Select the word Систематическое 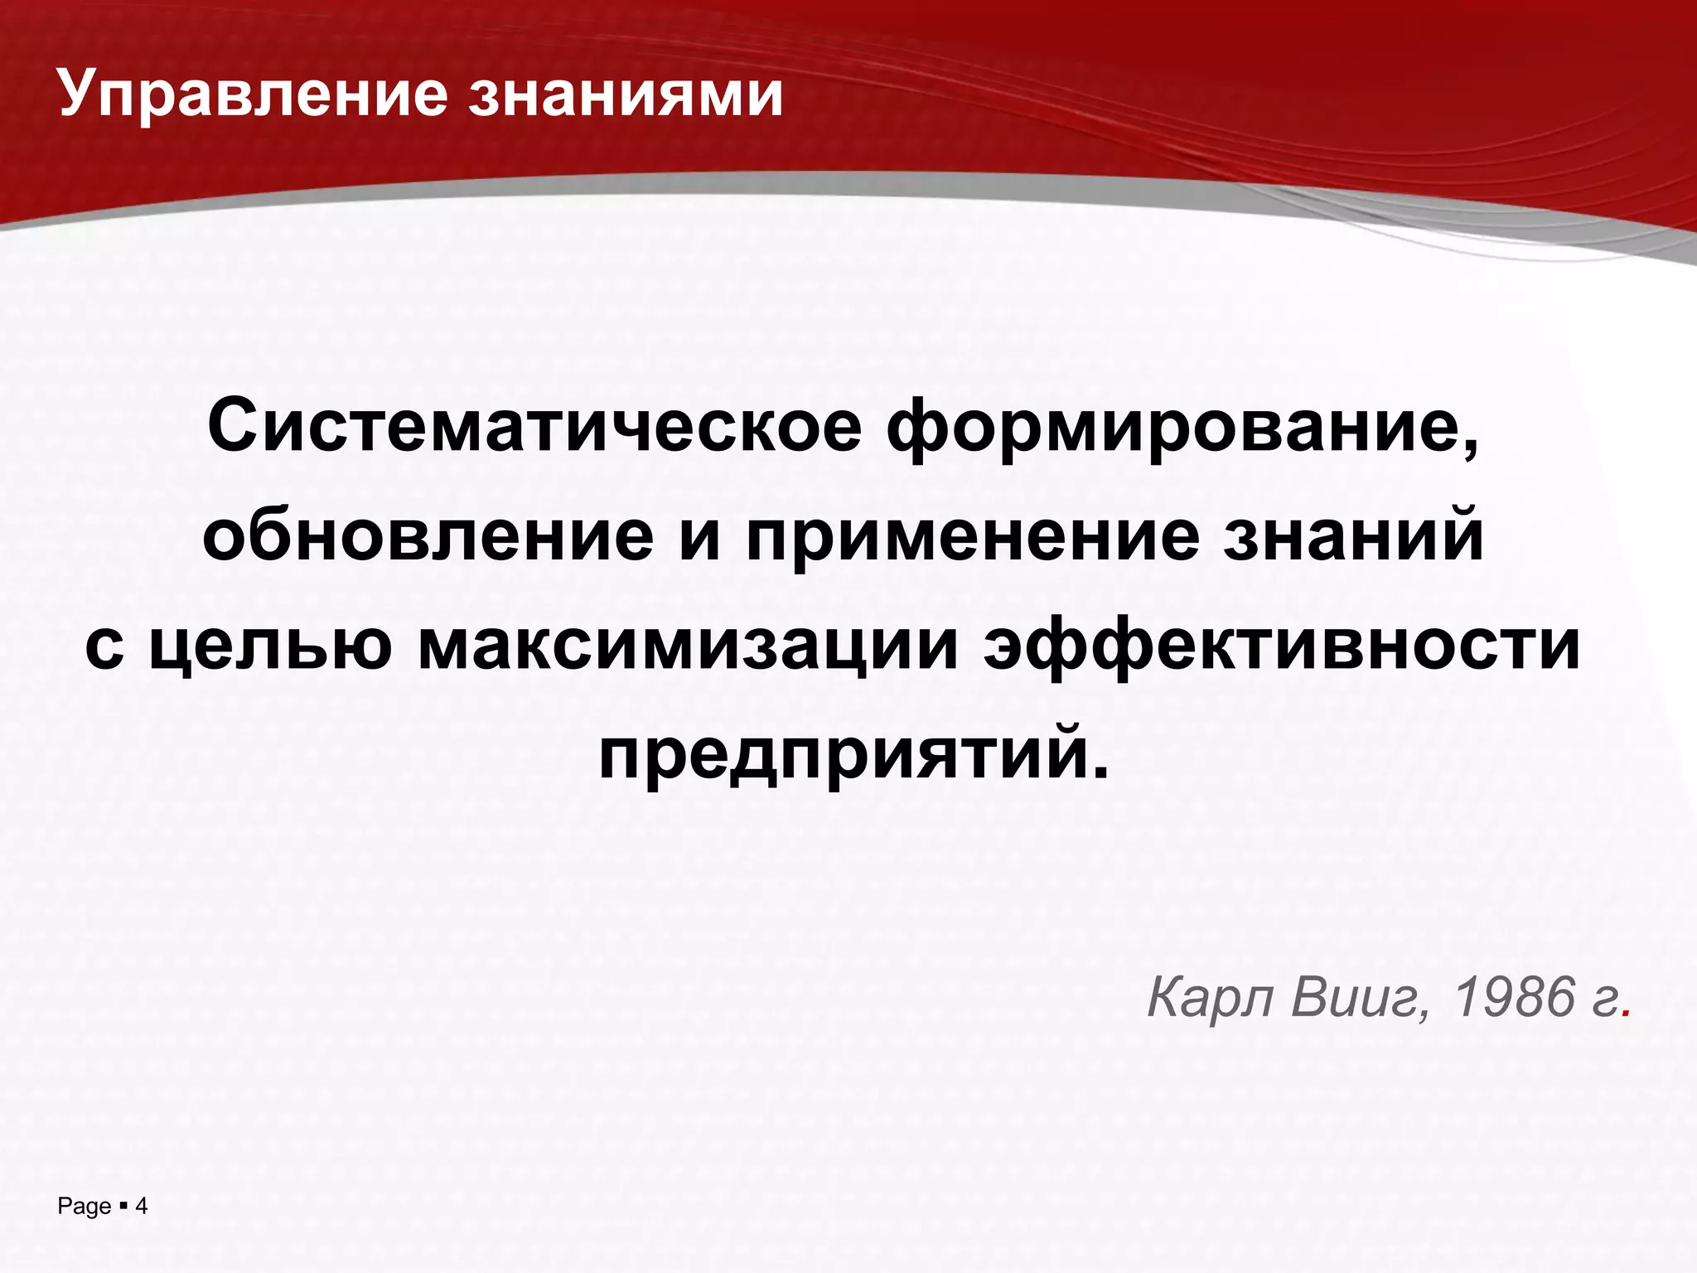tap(534, 428)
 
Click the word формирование tap(1172, 428)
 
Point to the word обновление tap(428, 536)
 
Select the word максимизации tap(689, 646)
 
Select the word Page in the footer tap(84, 1207)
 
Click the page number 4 tap(142, 1207)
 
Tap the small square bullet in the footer tap(123, 1206)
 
